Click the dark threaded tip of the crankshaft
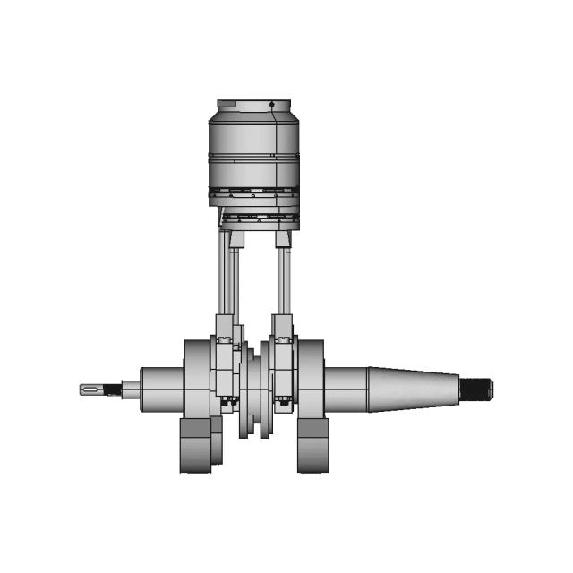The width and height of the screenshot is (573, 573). click(x=479, y=389)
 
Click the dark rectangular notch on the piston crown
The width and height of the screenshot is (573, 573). click(x=227, y=104)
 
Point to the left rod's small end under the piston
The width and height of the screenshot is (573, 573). click(x=235, y=239)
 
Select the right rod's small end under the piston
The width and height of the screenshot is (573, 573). click(x=283, y=239)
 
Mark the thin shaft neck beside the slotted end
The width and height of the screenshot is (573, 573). click(x=131, y=389)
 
